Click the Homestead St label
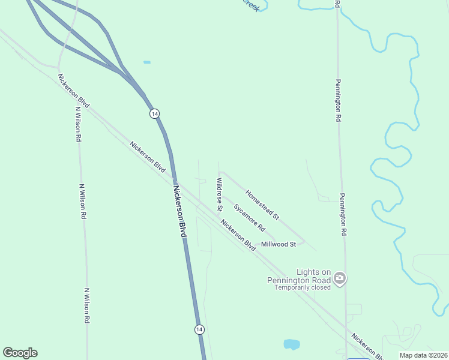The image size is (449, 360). [262, 204]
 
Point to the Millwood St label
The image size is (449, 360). [279, 244]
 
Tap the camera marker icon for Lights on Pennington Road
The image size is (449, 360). [340, 277]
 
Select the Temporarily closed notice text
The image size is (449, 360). [303, 287]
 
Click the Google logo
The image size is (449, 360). [20, 353]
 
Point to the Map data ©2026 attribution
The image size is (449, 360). [424, 355]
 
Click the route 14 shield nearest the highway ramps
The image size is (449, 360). [154, 113]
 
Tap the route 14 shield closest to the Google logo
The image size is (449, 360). [199, 329]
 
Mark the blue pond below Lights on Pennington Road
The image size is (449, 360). [291, 344]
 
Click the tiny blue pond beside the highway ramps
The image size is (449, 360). [147, 62]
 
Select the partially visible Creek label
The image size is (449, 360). [252, 5]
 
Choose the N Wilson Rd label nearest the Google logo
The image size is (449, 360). [87, 306]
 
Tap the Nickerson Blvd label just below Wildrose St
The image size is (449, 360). [238, 236]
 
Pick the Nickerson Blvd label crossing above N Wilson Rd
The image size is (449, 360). [74, 91]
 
